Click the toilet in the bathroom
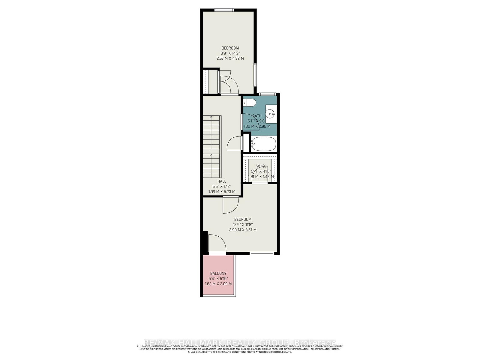pyautogui.click(x=250, y=103)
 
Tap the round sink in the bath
pyautogui.click(x=271, y=114)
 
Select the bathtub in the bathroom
pyautogui.click(x=263, y=144)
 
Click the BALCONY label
pyautogui.click(x=218, y=273)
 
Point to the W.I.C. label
pyautogui.click(x=261, y=166)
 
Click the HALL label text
pyautogui.click(x=222, y=181)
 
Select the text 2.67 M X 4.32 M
pyautogui.click(x=230, y=58)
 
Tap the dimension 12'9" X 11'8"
pyautogui.click(x=243, y=224)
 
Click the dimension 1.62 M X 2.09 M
pyautogui.click(x=218, y=283)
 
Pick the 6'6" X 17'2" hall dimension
pyautogui.click(x=222, y=186)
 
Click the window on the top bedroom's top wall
pyautogui.click(x=224, y=10)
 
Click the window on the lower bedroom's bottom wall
pyautogui.click(x=262, y=253)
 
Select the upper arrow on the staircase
pyautogui.click(x=211, y=117)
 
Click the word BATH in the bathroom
pyautogui.click(x=257, y=116)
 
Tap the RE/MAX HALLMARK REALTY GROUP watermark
pyautogui.click(x=240, y=343)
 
